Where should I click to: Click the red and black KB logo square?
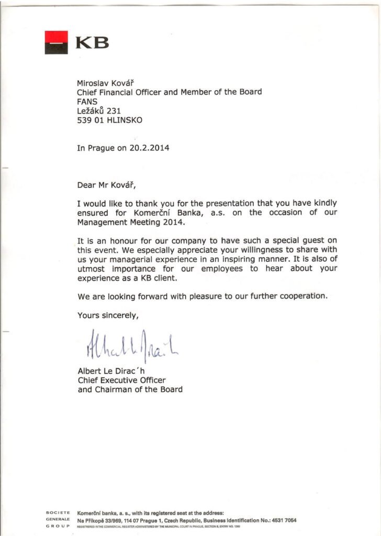pos(56,42)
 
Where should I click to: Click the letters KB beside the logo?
pos(92,42)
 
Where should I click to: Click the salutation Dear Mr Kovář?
pos(109,185)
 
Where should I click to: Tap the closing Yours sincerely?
pos(108,315)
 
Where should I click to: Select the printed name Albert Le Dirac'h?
pos(111,371)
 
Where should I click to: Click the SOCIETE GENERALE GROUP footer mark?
pos(58,519)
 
